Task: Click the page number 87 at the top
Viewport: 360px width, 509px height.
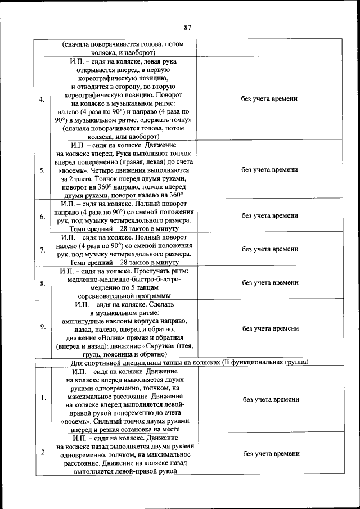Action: [x=188, y=27]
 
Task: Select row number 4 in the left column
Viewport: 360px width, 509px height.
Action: [x=42, y=99]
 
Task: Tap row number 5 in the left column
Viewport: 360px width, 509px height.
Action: [x=42, y=170]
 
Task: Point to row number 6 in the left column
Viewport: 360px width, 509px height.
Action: [x=42, y=216]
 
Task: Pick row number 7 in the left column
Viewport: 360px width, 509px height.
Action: [x=42, y=249]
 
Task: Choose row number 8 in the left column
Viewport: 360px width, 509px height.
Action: [x=42, y=283]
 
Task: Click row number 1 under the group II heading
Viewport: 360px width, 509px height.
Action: [x=43, y=399]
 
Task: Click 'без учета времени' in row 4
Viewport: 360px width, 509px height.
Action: [x=269, y=99]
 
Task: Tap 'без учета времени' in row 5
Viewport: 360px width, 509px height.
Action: [x=269, y=170]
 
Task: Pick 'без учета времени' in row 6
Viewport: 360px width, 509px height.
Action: [x=269, y=216]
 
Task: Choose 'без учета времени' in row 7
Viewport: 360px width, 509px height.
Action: [x=269, y=249]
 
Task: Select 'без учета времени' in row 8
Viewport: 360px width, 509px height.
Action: [x=269, y=283]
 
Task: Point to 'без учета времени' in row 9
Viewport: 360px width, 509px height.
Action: [x=269, y=328]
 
